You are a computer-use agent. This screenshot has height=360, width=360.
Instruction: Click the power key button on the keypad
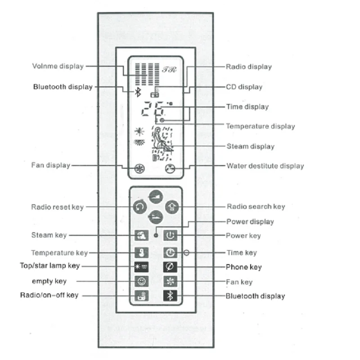(x=170, y=235)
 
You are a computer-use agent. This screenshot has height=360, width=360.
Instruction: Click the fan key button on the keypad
(x=170, y=282)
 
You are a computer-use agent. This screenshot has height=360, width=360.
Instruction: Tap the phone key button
(x=170, y=267)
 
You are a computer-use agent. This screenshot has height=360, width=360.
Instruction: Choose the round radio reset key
(x=139, y=207)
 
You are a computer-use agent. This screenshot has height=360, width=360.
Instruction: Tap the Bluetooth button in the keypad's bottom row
(x=170, y=296)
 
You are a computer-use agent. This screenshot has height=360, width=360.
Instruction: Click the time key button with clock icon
(x=170, y=252)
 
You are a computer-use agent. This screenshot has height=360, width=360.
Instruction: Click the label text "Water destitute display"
(x=265, y=166)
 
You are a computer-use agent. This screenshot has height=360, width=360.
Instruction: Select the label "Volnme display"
(x=58, y=66)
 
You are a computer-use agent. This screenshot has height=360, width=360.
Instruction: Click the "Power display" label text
(x=250, y=221)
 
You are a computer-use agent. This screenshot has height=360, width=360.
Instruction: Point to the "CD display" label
(x=244, y=86)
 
